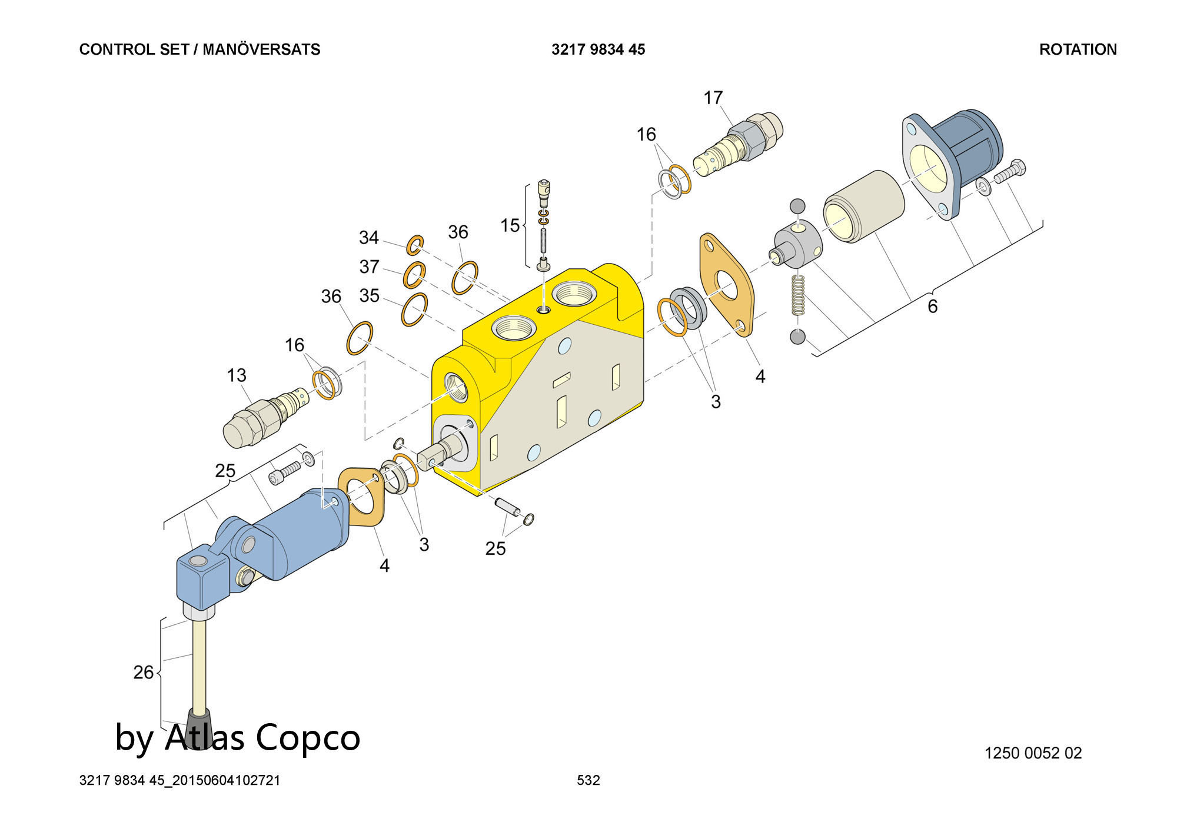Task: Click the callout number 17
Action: tap(713, 98)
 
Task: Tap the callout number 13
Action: tap(237, 375)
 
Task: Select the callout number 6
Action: tap(932, 306)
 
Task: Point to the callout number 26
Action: tap(143, 672)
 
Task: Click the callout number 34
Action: tap(368, 237)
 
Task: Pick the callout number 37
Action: tap(369, 267)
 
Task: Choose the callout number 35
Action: tap(369, 295)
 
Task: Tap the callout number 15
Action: tap(509, 225)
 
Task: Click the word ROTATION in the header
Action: tap(1078, 49)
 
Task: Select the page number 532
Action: tap(588, 780)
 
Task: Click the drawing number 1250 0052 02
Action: tap(1033, 753)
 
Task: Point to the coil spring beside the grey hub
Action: tap(798, 295)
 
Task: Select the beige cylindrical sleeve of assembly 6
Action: tap(863, 206)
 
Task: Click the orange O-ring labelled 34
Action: tap(415, 244)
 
